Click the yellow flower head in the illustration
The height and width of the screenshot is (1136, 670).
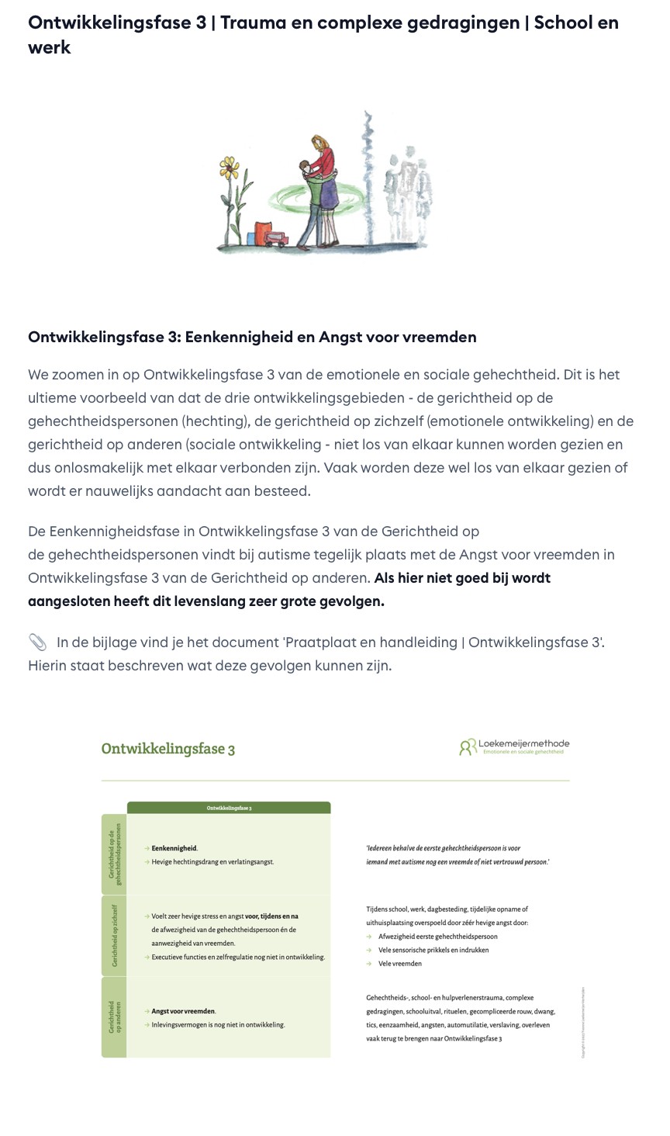[x=228, y=166]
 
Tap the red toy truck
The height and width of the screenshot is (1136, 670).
[x=276, y=240]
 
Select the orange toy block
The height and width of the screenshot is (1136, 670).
[x=263, y=234]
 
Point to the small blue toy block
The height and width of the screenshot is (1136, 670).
[x=249, y=238]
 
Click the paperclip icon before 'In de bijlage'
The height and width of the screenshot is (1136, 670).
[x=37, y=642]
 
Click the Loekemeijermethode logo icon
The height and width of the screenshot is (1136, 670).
[x=468, y=747]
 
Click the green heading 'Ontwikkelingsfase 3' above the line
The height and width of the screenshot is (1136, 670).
[x=168, y=749]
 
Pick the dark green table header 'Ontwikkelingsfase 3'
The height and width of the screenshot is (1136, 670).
[x=229, y=808]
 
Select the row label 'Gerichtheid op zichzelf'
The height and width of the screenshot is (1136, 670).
[x=114, y=936]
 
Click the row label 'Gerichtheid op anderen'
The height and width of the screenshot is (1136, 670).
[x=114, y=1017]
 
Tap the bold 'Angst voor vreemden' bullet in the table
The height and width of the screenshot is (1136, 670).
[x=183, y=1011]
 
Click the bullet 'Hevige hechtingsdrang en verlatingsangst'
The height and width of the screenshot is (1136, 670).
[x=212, y=861]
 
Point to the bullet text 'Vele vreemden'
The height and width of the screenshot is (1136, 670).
[x=400, y=964]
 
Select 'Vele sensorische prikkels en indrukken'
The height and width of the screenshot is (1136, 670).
[x=433, y=950]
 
